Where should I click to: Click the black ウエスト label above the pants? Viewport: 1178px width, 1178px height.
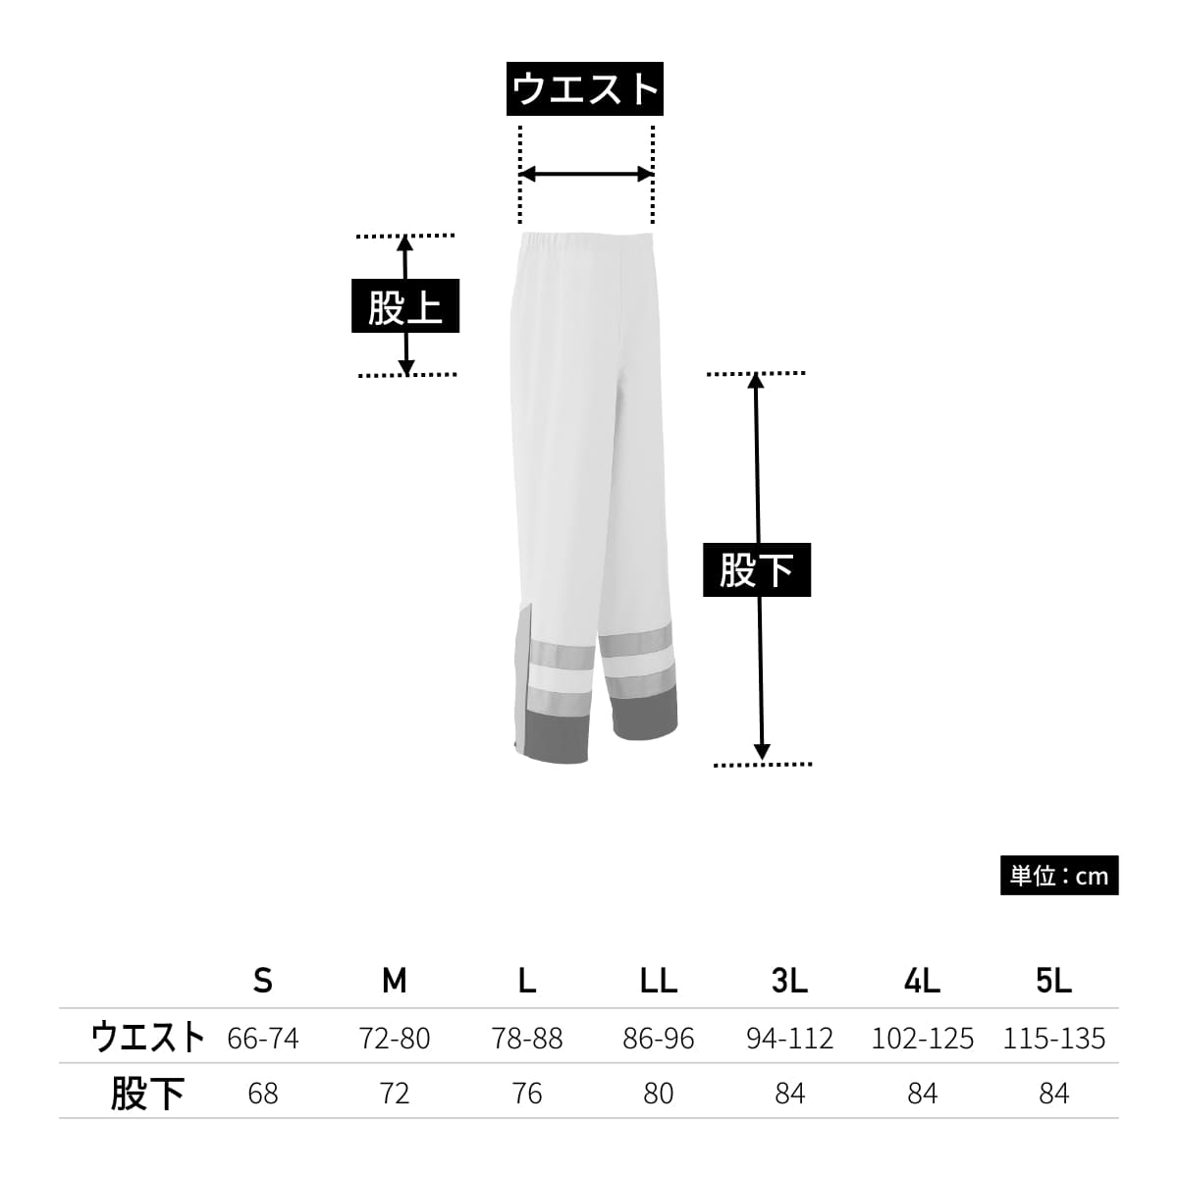click(584, 88)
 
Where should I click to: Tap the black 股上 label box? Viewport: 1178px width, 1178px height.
click(404, 305)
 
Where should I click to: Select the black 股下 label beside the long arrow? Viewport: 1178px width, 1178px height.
click(756, 569)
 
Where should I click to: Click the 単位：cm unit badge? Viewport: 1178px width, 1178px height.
click(1059, 876)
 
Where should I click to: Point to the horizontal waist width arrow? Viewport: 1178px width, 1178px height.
click(586, 174)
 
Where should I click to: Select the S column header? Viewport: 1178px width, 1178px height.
click(263, 981)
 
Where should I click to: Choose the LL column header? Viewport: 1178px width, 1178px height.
click(659, 981)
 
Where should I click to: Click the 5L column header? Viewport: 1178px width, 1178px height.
click(1054, 981)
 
